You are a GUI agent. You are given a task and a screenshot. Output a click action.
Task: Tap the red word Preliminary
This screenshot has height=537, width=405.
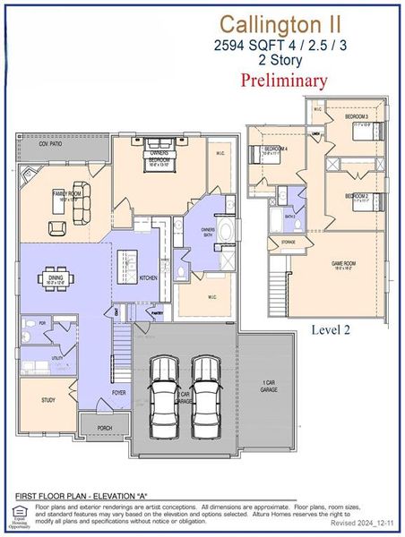pos(284,80)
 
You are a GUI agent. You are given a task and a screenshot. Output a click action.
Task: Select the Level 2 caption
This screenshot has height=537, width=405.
pos(331,329)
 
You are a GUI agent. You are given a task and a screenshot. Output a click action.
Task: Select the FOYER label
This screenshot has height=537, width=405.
pos(119,392)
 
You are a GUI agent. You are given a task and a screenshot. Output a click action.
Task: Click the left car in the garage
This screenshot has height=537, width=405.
pos(165,396)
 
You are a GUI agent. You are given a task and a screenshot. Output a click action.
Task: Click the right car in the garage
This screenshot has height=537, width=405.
pos(206,396)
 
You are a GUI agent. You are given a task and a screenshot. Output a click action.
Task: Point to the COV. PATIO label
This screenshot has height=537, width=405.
pos(53,143)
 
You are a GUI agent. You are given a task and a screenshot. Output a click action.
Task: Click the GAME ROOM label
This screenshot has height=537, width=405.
pos(344,264)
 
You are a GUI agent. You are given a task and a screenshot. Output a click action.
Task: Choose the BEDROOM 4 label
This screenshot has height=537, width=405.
pos(275,149)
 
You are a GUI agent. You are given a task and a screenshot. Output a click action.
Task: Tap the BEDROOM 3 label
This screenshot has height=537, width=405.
pos(358,117)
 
